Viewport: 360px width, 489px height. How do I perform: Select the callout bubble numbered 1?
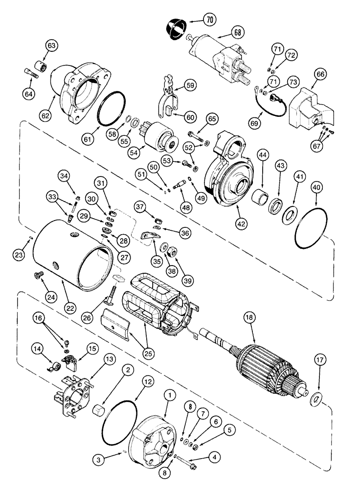(170, 394)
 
